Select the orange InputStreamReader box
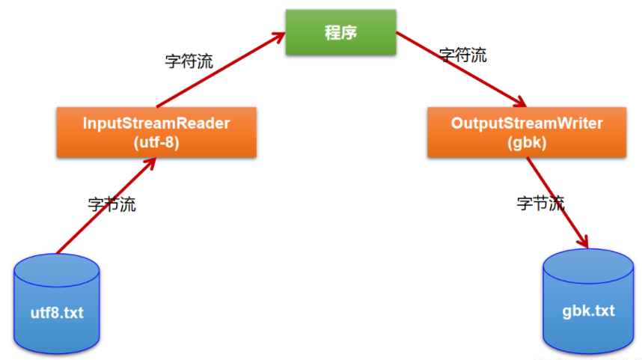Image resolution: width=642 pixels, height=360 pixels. [156, 132]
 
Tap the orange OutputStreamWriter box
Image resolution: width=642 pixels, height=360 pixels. [527, 132]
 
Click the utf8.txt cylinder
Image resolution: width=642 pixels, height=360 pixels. [57, 303]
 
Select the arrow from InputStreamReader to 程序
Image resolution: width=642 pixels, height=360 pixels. [217, 72]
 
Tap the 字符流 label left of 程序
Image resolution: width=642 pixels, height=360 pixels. [189, 61]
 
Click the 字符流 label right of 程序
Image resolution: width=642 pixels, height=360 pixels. [462, 55]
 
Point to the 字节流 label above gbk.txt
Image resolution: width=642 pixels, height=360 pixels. [540, 202]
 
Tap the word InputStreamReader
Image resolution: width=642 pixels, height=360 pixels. [156, 123]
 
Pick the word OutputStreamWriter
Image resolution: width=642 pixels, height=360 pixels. [527, 123]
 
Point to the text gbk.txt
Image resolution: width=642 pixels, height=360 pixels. [588, 310]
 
